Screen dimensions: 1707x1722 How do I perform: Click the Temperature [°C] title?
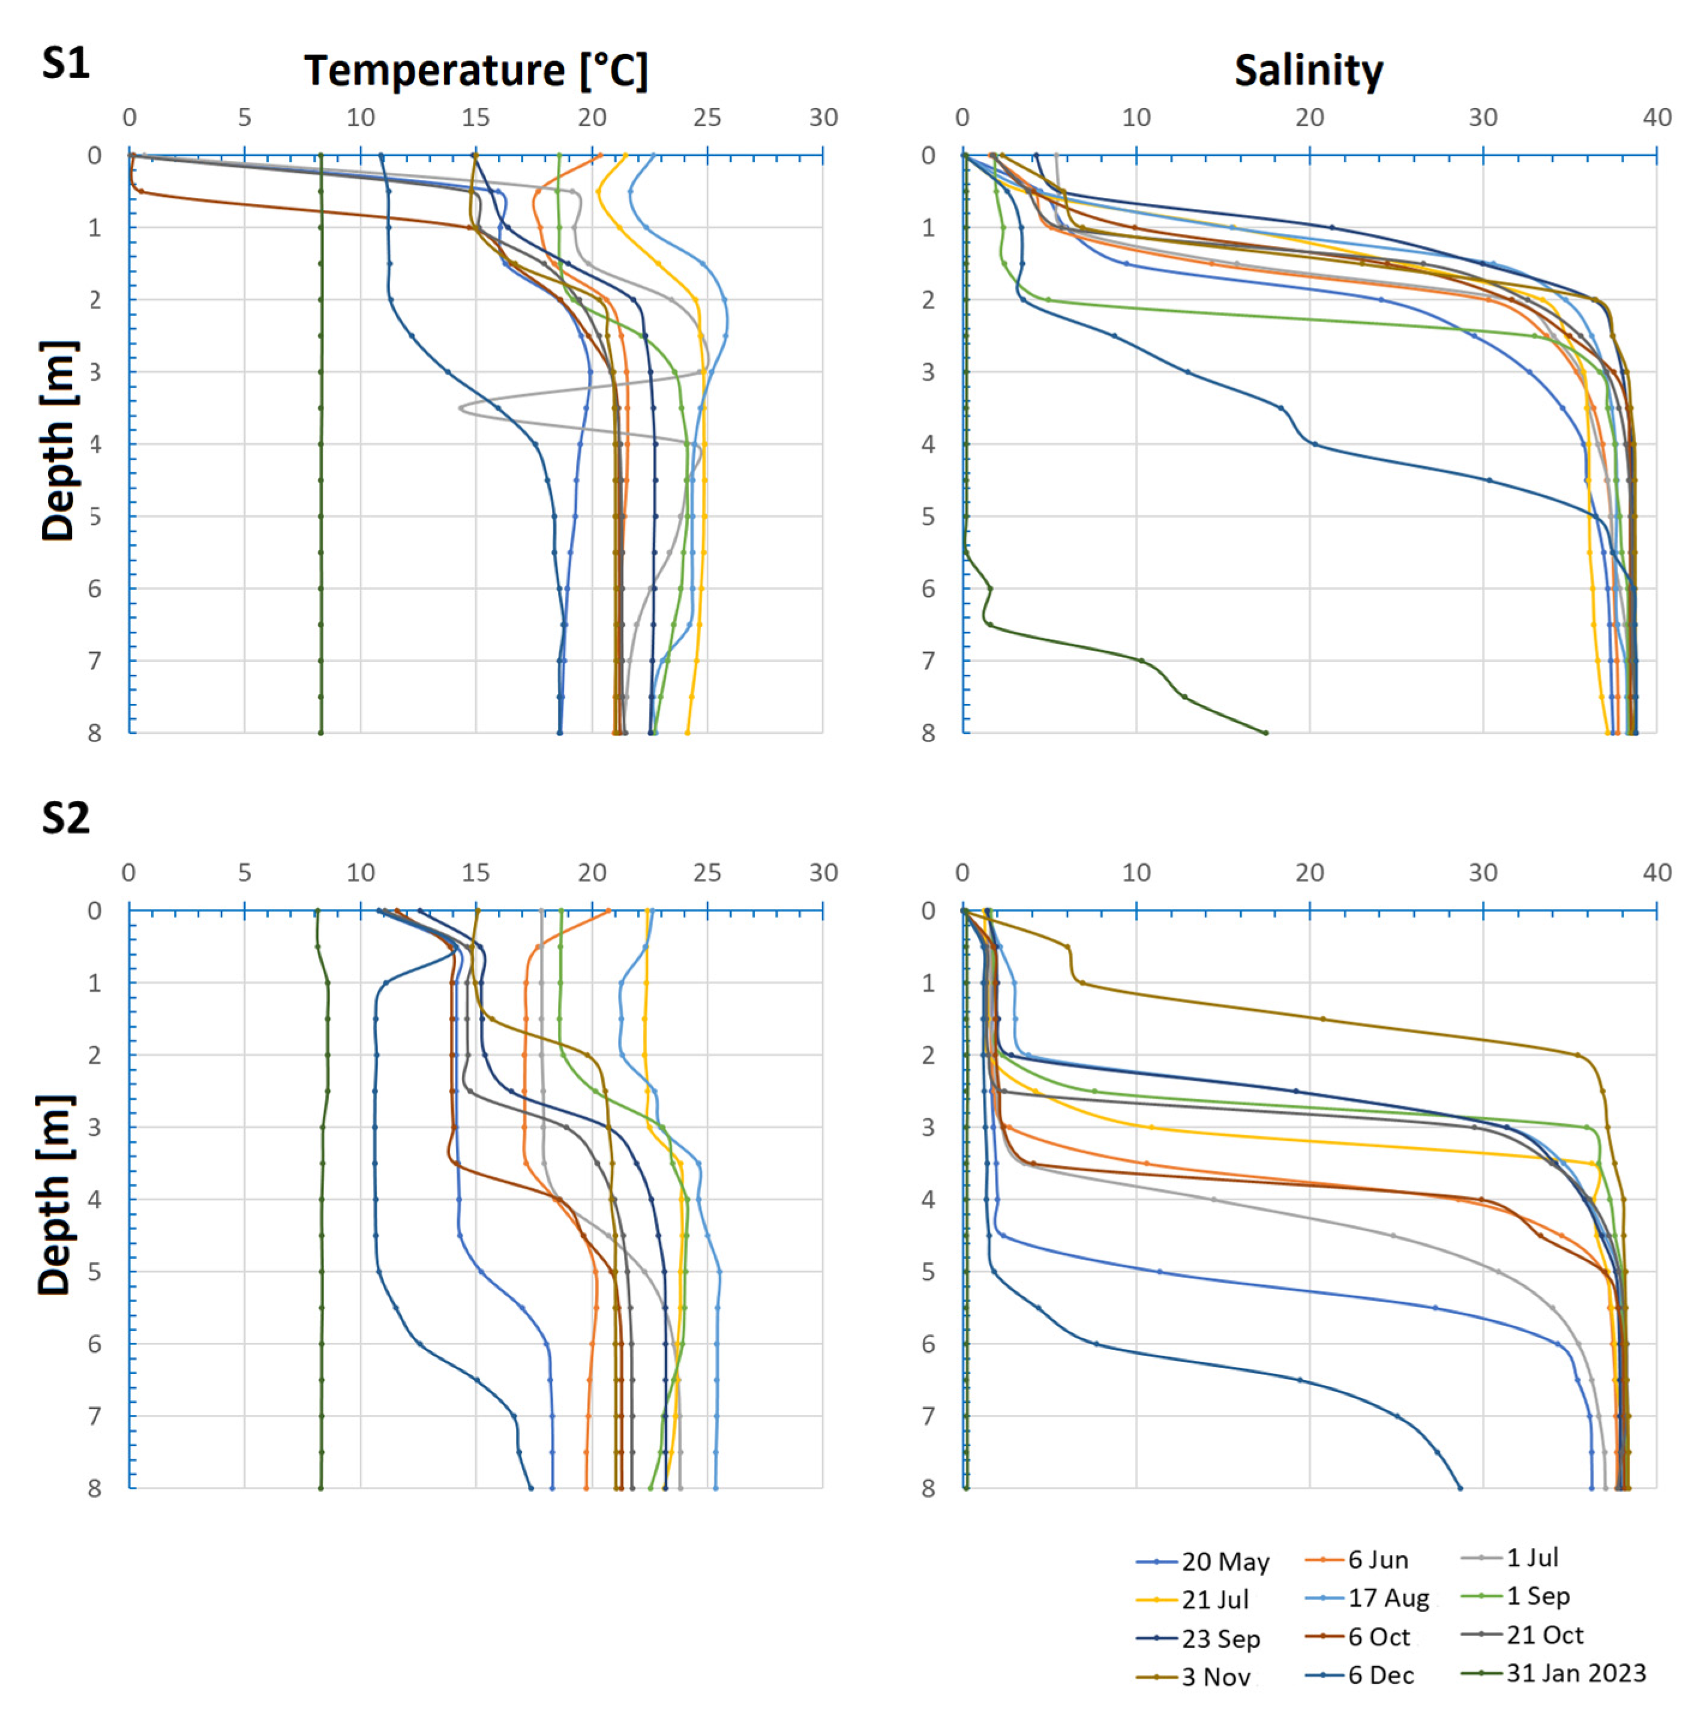tap(476, 70)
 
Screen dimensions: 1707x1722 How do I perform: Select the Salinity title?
tap(1309, 70)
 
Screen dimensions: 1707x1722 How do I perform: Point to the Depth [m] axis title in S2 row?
tap(55, 1195)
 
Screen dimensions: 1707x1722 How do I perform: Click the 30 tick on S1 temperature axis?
tap(823, 118)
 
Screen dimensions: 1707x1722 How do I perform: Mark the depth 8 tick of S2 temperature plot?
tap(94, 1489)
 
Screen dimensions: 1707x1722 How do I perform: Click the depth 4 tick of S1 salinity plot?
tap(928, 444)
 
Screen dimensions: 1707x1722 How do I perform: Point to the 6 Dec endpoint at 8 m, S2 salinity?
tap(1459, 1487)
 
